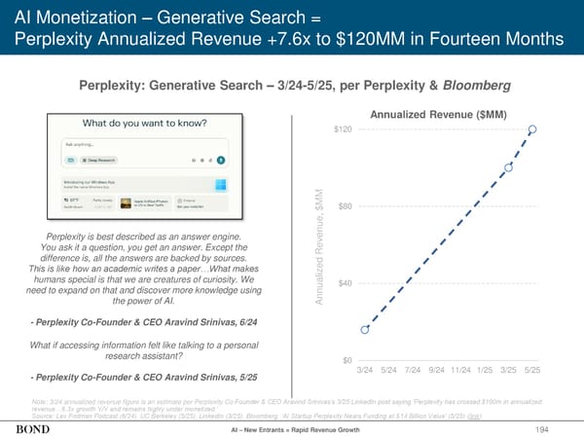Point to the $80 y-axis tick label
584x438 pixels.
click(345, 206)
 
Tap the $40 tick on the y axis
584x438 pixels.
click(345, 283)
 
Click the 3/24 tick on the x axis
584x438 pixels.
click(366, 370)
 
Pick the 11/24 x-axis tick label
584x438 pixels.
click(459, 370)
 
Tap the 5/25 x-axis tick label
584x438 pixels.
click(532, 370)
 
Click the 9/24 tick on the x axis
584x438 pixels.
click(436, 370)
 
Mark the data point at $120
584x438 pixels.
click(532, 129)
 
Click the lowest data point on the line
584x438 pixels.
click(366, 330)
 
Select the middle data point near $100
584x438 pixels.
click(509, 168)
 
